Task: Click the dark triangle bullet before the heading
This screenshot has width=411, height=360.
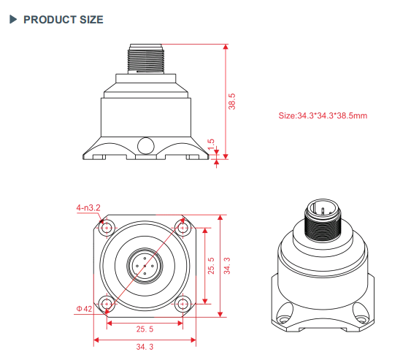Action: coord(12,19)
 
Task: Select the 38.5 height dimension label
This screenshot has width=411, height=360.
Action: coord(232,101)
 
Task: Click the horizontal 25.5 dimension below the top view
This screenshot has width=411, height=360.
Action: coord(145,329)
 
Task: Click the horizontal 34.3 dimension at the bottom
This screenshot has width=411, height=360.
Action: coord(145,348)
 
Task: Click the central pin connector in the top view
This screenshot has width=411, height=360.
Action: coord(145,265)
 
